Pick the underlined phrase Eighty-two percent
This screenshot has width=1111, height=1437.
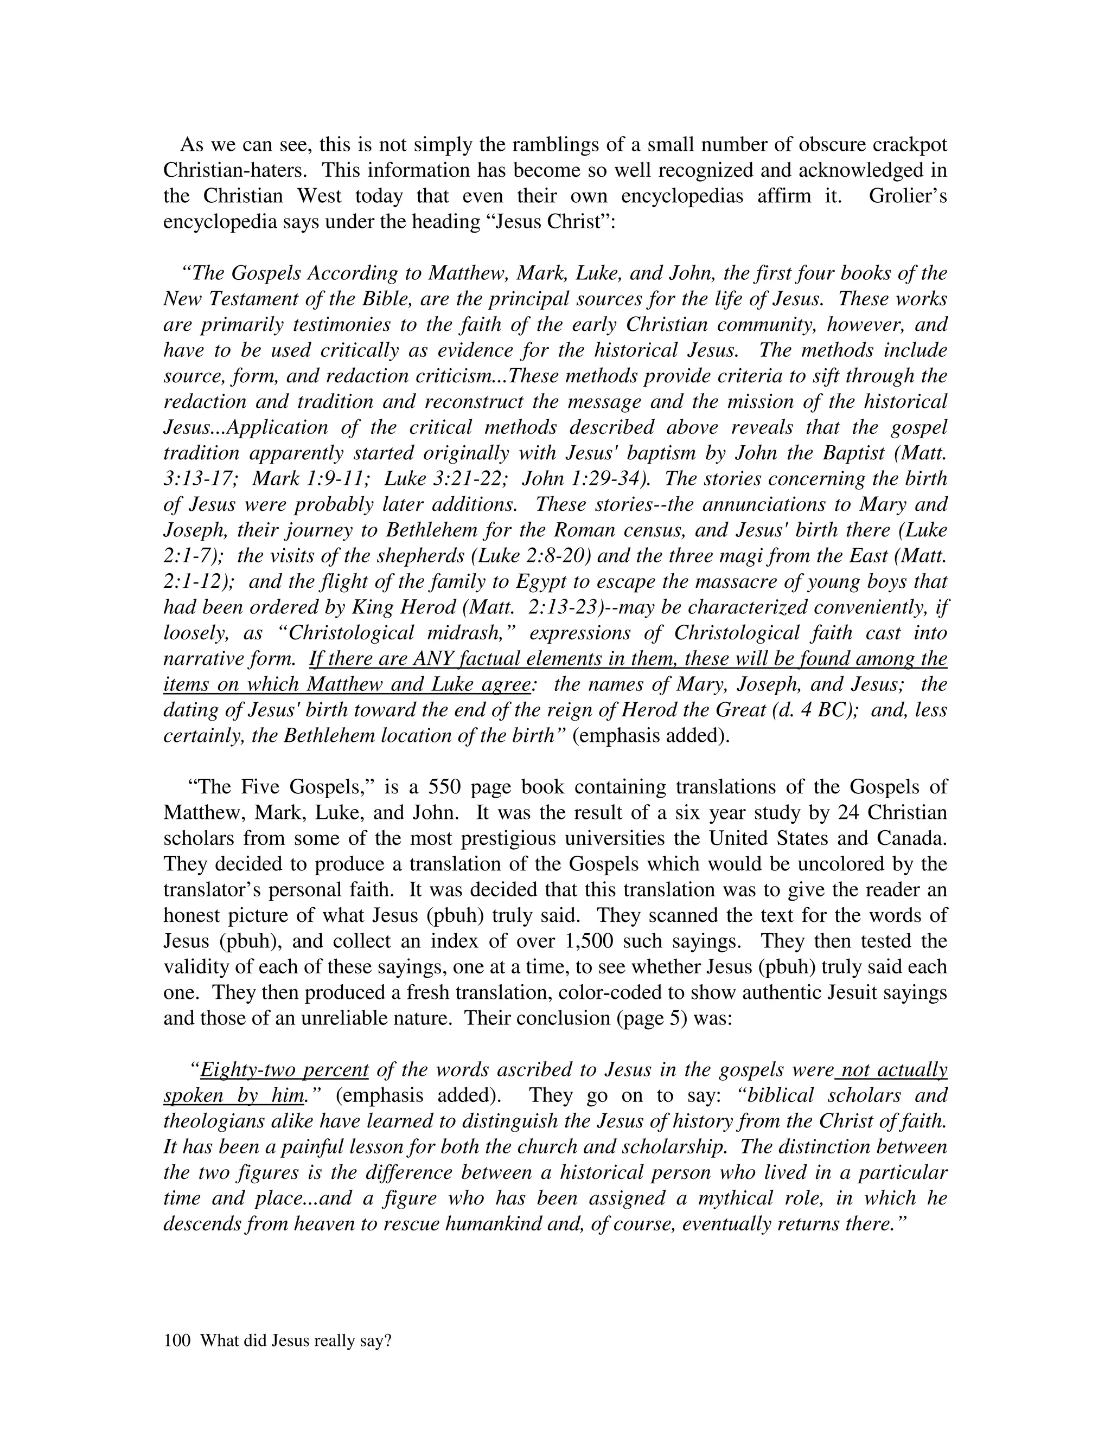284,1070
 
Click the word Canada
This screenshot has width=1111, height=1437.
911,838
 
